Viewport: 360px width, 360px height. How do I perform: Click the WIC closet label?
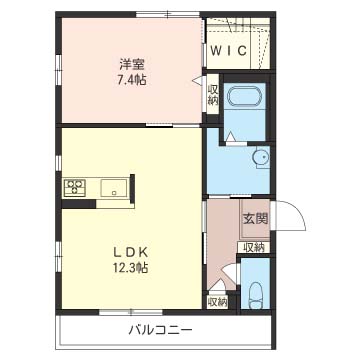click(229, 51)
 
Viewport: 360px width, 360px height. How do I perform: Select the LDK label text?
click(131, 252)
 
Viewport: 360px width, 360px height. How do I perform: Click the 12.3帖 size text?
click(131, 268)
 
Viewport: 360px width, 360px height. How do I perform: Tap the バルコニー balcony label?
click(161, 330)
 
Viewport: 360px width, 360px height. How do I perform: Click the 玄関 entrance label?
click(255, 219)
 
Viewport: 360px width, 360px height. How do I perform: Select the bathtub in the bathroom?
click(244, 96)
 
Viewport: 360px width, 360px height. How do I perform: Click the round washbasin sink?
click(260, 157)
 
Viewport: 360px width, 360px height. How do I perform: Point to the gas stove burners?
click(75, 187)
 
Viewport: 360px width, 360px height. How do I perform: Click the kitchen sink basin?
click(114, 187)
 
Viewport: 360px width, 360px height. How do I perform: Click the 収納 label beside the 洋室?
click(212, 95)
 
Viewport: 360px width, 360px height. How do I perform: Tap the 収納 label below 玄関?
click(254, 248)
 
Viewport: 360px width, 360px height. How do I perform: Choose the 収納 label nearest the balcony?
click(218, 302)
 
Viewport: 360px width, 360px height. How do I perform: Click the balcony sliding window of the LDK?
click(131, 312)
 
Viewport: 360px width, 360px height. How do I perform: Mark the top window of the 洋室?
click(168, 14)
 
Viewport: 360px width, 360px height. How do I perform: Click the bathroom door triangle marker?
click(230, 137)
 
